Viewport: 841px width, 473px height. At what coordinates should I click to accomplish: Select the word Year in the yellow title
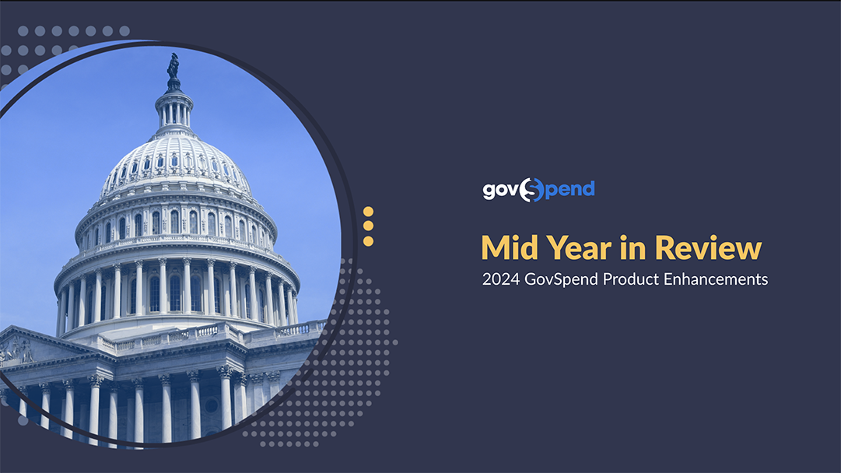point(579,248)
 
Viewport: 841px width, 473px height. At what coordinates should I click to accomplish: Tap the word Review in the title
point(708,248)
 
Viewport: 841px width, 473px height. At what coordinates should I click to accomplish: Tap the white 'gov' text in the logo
point(500,191)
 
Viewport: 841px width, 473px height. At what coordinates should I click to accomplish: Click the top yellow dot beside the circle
point(368,212)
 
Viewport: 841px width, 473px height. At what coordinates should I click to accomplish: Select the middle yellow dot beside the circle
point(368,226)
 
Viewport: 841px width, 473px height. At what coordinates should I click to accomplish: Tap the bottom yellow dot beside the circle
point(368,241)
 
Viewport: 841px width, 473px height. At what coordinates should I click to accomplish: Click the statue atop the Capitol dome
point(173,66)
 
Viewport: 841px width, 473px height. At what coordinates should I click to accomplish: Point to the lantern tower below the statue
point(173,110)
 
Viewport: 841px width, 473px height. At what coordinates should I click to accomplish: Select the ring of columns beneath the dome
point(177,293)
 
